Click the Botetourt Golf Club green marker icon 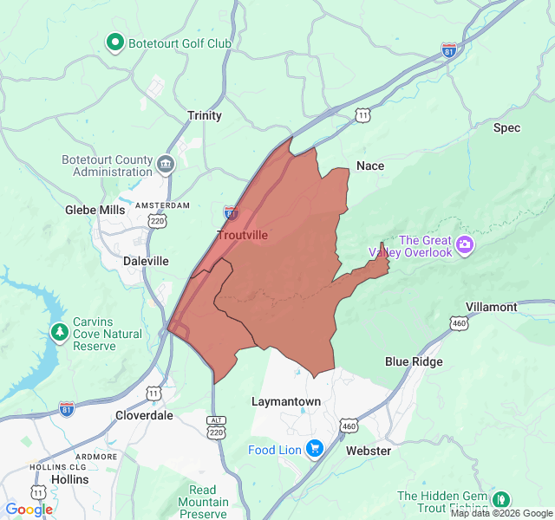pos(114,42)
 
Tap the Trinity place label pos(205,115)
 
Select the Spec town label pos(506,127)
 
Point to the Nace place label pos(370,166)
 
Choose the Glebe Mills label pos(95,210)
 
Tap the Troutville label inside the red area pos(242,235)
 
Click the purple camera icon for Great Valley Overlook pos(466,245)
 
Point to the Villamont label pos(491,307)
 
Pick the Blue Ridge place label pos(414,361)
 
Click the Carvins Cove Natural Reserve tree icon pos(59,332)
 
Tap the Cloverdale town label pos(144,415)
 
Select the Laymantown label pos(285,402)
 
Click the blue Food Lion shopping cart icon pos(314,449)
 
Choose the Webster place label pos(369,451)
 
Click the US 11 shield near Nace pos(362,114)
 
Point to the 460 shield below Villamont pos(459,323)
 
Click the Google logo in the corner pos(29,510)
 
